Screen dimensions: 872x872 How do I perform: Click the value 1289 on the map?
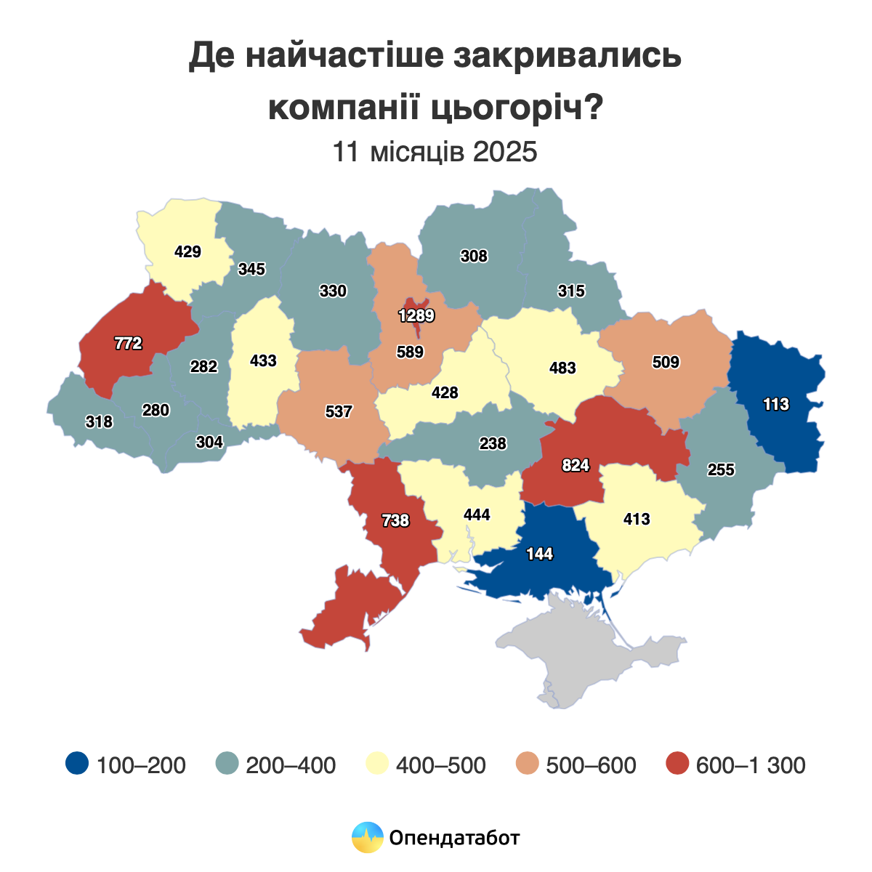(416, 316)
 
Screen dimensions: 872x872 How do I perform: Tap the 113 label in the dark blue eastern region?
(776, 405)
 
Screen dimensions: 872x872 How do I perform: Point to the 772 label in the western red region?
(128, 344)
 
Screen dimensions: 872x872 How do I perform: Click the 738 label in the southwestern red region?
(396, 520)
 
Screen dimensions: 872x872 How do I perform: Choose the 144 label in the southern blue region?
(540, 554)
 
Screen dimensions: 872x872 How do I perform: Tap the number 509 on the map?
(666, 362)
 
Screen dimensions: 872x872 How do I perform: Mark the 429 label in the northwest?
(187, 252)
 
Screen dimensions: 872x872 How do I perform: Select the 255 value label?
(721, 470)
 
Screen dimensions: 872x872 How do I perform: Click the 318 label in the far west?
(99, 421)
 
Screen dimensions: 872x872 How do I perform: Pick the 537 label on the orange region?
(339, 412)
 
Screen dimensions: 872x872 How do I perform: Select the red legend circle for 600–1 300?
(677, 764)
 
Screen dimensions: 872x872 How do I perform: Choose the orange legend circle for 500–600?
(528, 764)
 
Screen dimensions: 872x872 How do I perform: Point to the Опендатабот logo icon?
(367, 837)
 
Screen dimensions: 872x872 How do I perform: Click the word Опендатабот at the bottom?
(455, 838)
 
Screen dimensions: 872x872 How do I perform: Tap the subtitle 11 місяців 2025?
(435, 153)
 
